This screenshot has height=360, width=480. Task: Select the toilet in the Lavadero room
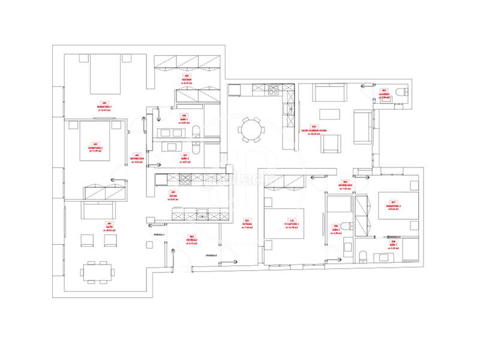(x=404, y=92)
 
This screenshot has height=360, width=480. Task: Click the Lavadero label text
(x=384, y=94)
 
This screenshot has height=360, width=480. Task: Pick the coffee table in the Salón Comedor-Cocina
(x=328, y=114)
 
